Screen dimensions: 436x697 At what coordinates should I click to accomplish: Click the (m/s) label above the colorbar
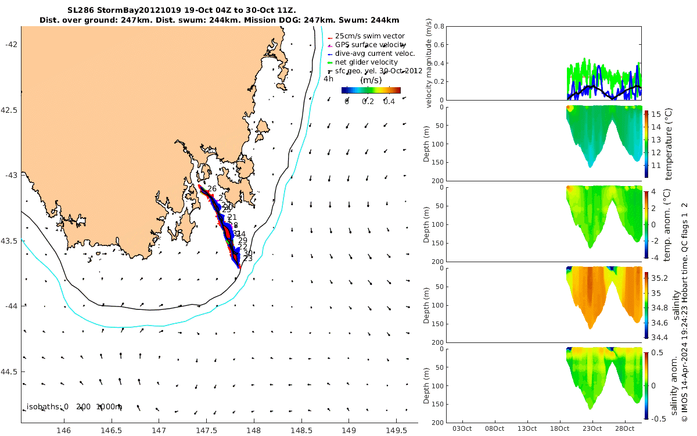[x=371, y=80]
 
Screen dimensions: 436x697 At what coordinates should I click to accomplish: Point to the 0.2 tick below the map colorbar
[x=368, y=102]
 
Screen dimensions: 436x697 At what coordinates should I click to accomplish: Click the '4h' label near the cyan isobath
[x=329, y=79]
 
